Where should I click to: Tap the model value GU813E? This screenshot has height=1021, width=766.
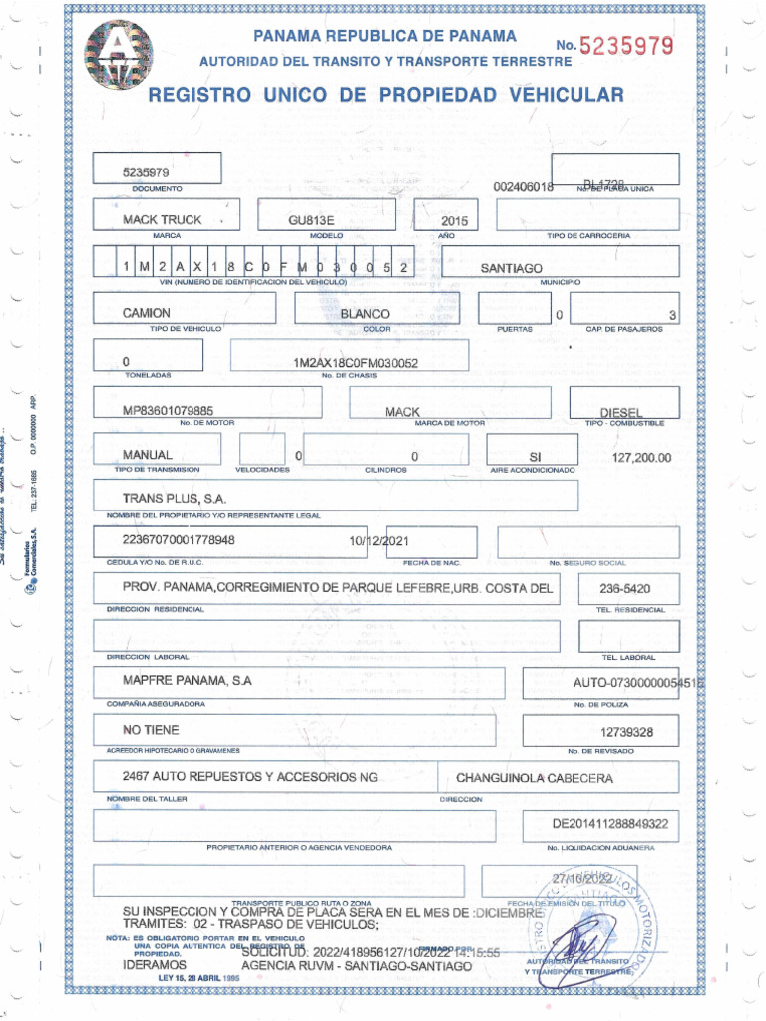point(312,219)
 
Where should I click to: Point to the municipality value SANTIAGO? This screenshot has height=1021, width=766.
point(511,268)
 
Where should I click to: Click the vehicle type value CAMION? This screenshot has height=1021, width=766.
point(147,313)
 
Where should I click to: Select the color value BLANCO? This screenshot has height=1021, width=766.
point(365,314)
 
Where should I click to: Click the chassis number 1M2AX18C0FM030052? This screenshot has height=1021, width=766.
point(356,364)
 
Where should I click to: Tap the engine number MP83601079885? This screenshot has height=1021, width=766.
point(168,410)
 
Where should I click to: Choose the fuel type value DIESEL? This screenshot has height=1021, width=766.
point(620,412)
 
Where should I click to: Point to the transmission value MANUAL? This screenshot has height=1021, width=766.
point(148,455)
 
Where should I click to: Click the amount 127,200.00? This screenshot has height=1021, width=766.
point(642,458)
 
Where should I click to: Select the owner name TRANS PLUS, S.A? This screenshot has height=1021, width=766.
point(175,498)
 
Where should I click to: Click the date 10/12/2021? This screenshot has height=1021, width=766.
point(378,541)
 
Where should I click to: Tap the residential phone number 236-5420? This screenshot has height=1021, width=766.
point(625,588)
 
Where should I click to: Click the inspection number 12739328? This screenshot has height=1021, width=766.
point(626,732)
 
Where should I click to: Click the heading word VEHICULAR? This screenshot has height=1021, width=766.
point(567,95)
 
